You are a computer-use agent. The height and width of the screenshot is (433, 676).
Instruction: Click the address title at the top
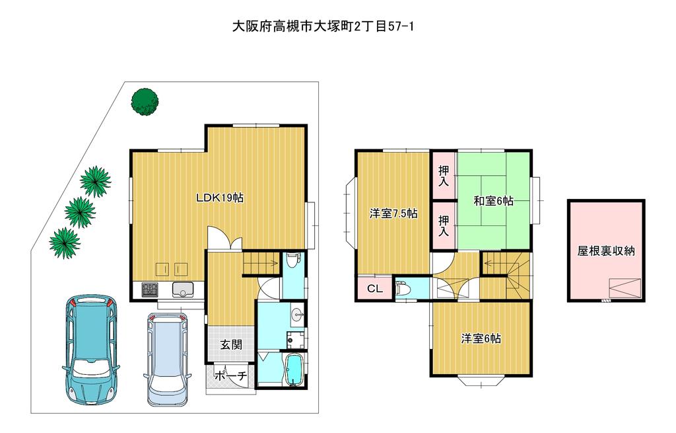pos(323,26)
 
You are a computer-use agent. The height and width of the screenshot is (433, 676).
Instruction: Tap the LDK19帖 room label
pos(220,198)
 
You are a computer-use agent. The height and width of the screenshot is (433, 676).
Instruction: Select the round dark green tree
pos(145,102)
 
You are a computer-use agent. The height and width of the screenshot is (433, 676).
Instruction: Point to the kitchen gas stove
pos(150,290)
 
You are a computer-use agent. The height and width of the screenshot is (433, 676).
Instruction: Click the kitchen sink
pos(184,290)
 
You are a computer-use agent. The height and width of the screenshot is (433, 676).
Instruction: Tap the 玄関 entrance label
pos(232,344)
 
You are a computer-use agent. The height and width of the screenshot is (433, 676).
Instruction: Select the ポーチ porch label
pos(230,375)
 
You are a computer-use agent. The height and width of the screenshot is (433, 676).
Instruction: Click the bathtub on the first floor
pos(295,370)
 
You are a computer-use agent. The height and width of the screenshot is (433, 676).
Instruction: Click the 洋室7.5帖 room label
pos(393,214)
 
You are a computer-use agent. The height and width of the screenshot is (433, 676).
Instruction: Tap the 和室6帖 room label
pos(493,201)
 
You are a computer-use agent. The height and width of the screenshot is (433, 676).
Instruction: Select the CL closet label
pos(375,288)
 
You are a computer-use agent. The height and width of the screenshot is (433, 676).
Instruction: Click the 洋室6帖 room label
pos(481,338)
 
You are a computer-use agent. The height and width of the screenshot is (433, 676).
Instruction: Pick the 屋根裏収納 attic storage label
pos(606,251)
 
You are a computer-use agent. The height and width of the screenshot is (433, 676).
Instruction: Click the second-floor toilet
pos(404,288)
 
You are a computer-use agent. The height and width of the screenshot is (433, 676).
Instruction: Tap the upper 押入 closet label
pos(444,175)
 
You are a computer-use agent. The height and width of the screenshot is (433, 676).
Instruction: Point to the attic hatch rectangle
pos(625,288)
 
